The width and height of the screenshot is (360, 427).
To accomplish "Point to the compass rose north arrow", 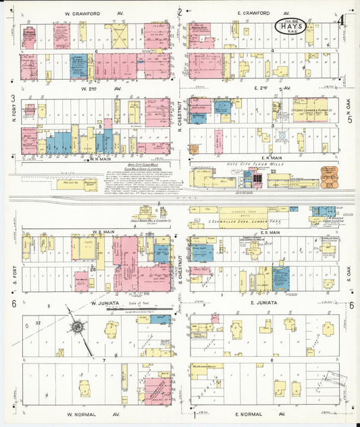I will (x=78, y=328).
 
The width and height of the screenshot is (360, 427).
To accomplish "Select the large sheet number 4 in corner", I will (x=342, y=26).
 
